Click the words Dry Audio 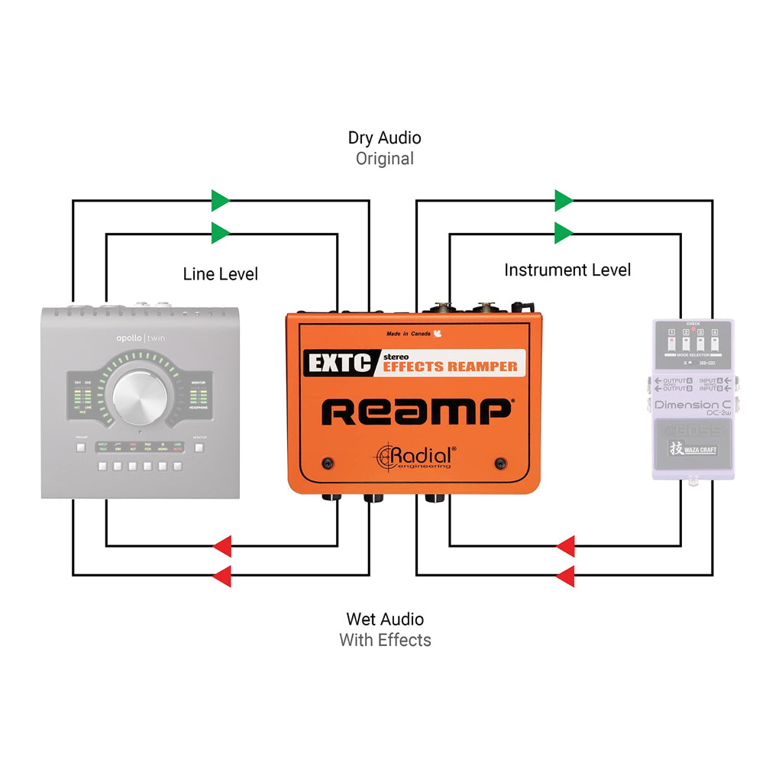point(384,138)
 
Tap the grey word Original point(384,159)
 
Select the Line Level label point(221,273)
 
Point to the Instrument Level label point(567,270)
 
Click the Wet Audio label point(385,619)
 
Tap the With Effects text point(385,640)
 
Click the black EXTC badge point(338,363)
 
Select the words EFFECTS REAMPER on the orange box point(449,366)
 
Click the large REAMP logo point(416,412)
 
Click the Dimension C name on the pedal point(692,405)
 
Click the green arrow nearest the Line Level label point(221,232)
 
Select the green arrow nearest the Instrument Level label point(564,232)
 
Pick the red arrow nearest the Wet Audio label point(221,576)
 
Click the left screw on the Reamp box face point(328,464)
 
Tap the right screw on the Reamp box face point(501,464)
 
